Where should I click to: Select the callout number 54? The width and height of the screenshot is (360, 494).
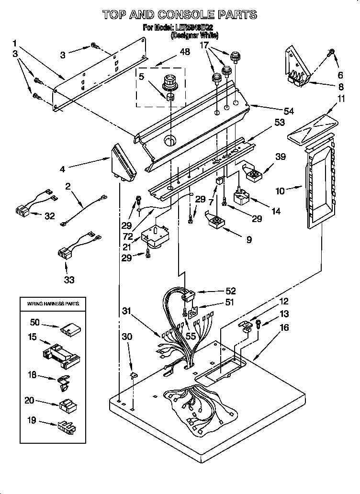tap(289, 111)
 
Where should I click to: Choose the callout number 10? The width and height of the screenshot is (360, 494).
tap(280, 191)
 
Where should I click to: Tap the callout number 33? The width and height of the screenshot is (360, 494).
tap(69, 280)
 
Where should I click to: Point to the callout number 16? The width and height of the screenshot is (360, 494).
tap(284, 327)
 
